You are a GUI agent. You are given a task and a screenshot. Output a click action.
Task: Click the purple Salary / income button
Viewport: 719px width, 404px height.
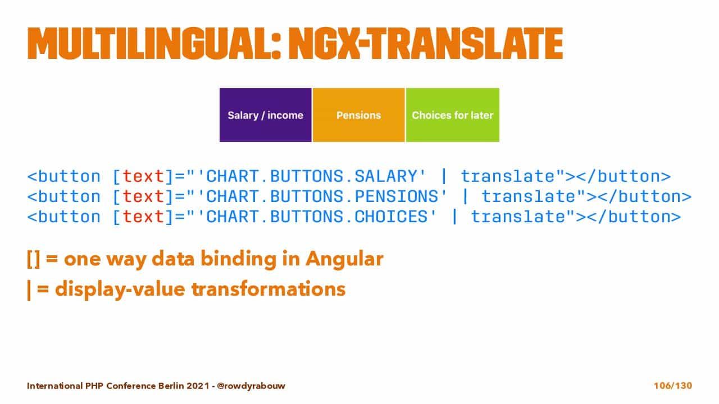coord(266,115)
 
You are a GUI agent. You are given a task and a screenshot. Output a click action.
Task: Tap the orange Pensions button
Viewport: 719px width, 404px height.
coord(358,115)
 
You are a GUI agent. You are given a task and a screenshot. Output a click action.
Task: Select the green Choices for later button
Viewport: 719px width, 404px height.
coord(453,115)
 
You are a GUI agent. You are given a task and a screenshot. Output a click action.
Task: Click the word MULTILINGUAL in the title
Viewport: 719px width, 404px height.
coord(154,44)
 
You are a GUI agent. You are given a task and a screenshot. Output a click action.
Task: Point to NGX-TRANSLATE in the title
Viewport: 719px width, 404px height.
coord(426,44)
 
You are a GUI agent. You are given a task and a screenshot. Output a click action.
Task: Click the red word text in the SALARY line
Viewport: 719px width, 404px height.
coord(143,176)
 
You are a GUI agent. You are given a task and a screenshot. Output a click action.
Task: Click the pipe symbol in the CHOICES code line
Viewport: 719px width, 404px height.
coord(454,217)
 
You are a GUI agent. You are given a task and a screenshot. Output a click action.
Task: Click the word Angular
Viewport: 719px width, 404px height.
coord(344,259)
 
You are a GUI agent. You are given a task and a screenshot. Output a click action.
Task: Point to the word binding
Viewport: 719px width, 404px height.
coord(238,259)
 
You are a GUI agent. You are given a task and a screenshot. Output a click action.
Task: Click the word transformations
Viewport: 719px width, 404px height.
coord(269,288)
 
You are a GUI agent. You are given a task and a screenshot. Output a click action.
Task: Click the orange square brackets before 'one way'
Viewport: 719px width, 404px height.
coord(33,259)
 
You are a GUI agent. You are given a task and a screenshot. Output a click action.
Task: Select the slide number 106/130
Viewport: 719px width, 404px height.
coord(673,385)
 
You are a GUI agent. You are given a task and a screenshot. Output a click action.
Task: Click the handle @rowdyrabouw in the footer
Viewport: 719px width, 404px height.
coord(251,385)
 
